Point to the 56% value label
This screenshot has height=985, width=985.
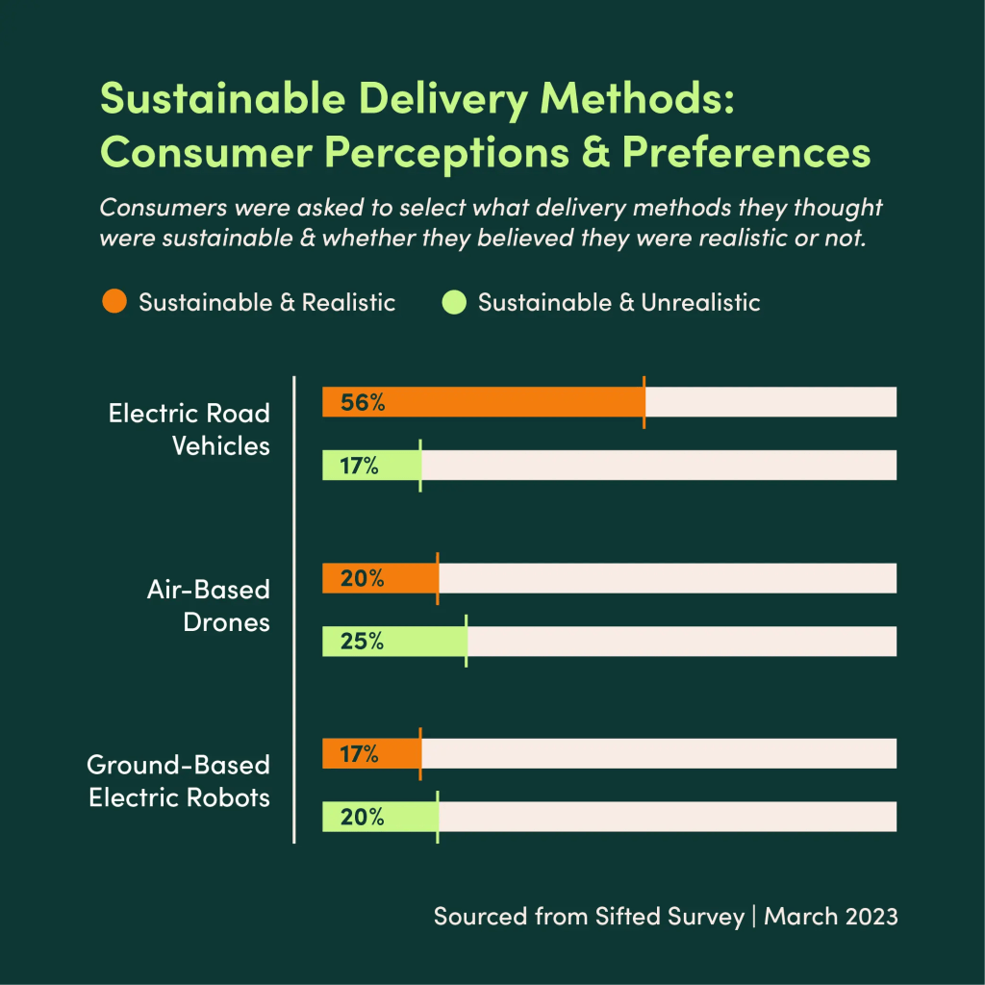click(363, 403)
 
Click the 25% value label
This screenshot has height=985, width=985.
click(363, 642)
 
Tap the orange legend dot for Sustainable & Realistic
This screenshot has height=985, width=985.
click(114, 302)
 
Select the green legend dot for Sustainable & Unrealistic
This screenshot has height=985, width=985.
click(454, 302)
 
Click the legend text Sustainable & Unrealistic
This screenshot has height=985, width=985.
click(619, 302)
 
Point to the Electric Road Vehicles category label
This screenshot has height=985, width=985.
click(189, 430)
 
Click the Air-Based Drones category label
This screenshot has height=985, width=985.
click(208, 605)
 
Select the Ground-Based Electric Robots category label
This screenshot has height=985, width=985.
click(179, 781)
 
